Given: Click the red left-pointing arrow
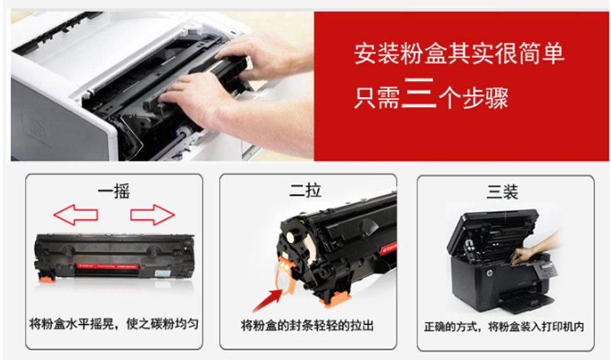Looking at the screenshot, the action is pyautogui.click(x=75, y=215).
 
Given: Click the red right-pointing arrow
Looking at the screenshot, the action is pyautogui.click(x=152, y=215).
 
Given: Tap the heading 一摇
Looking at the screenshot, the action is pyautogui.click(x=114, y=191).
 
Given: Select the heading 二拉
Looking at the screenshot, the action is pyautogui.click(x=305, y=190).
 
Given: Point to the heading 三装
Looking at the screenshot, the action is pyautogui.click(x=503, y=192).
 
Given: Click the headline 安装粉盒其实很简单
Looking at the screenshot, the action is pyautogui.click(x=459, y=54).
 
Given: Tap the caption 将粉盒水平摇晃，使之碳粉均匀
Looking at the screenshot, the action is pyautogui.click(x=114, y=324).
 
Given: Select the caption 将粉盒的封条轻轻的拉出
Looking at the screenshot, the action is pyautogui.click(x=308, y=325).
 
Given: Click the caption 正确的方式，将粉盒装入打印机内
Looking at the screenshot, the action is pyautogui.click(x=504, y=326).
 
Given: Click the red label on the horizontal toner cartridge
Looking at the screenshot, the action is pyautogui.click(x=108, y=267).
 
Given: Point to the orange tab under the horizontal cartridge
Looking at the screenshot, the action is pyautogui.click(x=47, y=277).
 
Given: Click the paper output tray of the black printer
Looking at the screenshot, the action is pyautogui.click(x=527, y=301).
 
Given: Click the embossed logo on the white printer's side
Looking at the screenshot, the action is pyautogui.click(x=35, y=128).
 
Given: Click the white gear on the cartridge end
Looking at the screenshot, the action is pyautogui.click(x=290, y=238).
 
